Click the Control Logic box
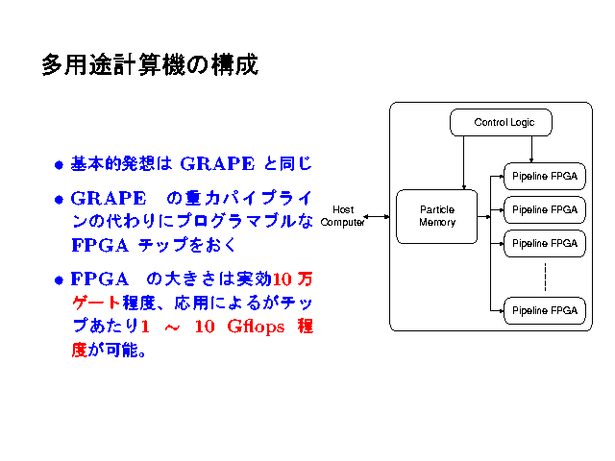point(501,123)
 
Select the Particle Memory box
point(436,216)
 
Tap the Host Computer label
point(343,216)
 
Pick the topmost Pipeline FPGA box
point(544,177)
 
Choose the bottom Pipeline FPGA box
point(544,310)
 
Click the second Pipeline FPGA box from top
point(544,209)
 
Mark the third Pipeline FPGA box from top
point(544,242)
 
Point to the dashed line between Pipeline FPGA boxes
point(545,277)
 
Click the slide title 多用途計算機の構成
point(149,65)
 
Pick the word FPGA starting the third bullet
point(96,279)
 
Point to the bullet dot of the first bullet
point(60,164)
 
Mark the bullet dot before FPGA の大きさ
point(60,280)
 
